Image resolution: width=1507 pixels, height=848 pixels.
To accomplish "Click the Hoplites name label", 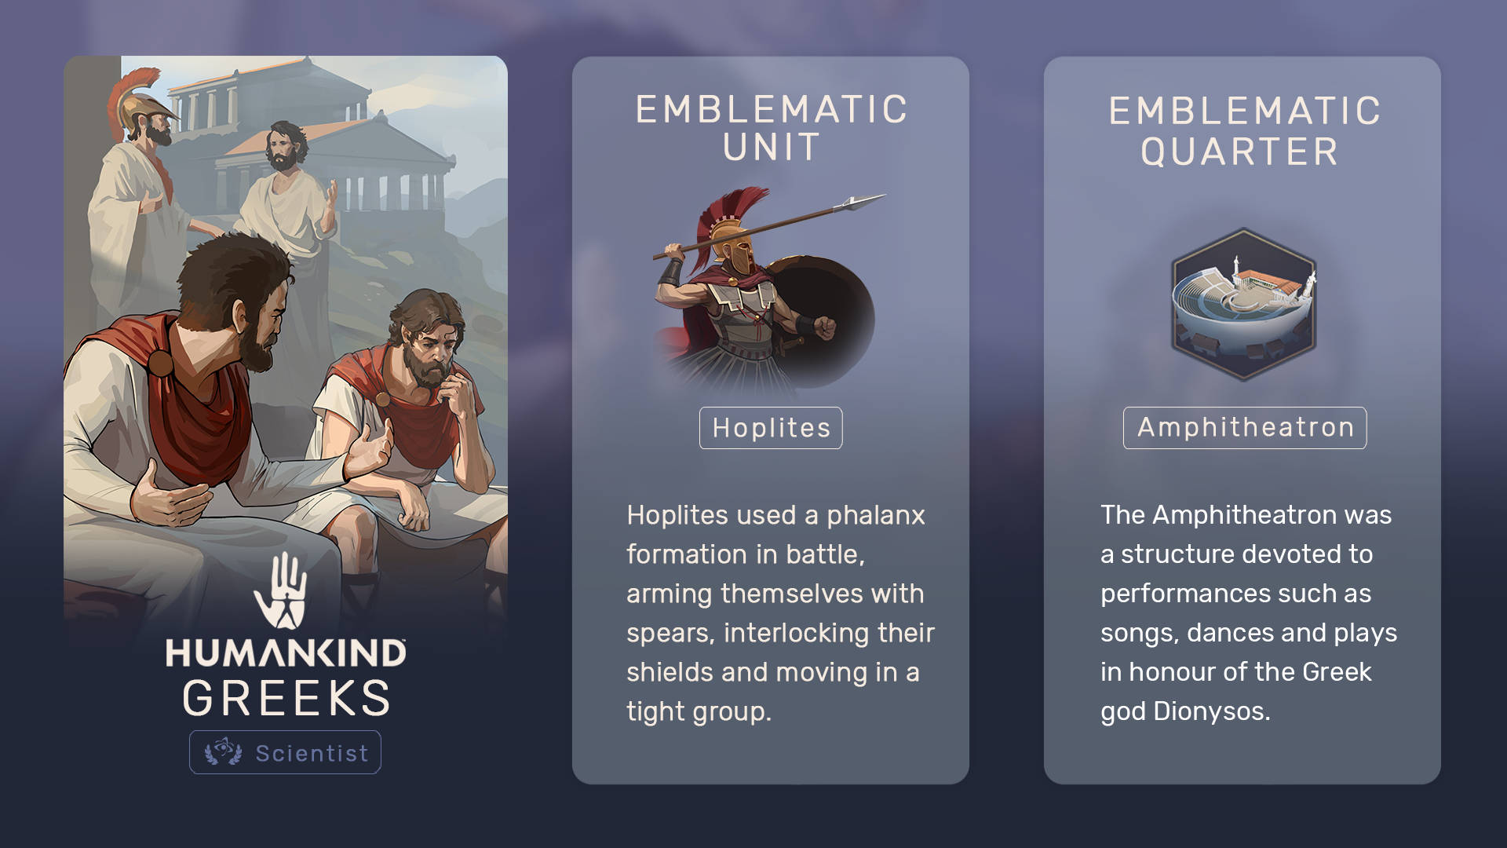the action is [x=771, y=428].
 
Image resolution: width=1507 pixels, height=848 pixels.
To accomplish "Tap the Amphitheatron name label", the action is [x=1245, y=428].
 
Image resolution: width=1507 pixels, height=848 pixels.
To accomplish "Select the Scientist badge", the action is [x=285, y=752].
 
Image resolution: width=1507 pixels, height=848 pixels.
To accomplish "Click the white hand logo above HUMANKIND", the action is [x=280, y=590].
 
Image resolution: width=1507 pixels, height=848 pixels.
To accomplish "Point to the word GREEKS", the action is [x=286, y=698].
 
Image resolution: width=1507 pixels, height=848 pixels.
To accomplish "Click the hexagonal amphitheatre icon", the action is [x=1244, y=305].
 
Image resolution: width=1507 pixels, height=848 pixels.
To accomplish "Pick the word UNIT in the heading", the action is [x=772, y=148].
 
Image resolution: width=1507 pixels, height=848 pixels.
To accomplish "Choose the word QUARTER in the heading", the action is [x=1240, y=152].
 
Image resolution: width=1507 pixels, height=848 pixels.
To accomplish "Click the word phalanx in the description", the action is [x=876, y=516].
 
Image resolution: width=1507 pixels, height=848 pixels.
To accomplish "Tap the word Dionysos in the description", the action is [x=1212, y=711].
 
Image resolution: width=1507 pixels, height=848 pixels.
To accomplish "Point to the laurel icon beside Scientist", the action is [x=223, y=751].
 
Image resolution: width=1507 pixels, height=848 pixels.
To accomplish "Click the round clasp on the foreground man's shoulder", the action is [x=161, y=364].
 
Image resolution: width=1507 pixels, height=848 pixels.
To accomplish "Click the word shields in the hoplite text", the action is [x=670, y=672].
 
